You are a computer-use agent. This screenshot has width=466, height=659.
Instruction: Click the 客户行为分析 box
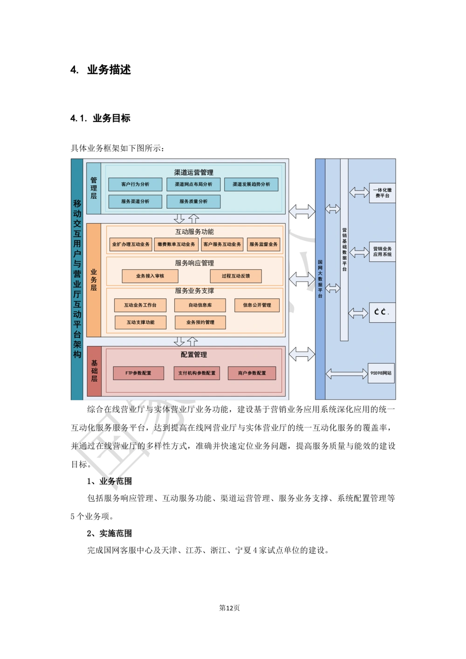click(135, 184)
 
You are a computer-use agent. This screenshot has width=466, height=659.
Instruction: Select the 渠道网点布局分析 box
click(193, 184)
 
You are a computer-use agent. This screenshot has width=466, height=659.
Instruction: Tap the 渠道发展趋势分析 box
click(251, 184)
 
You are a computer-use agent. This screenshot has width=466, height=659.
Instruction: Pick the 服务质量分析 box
click(193, 202)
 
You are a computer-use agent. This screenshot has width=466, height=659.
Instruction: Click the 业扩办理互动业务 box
click(131, 245)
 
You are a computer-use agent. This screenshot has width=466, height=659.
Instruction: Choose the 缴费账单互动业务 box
click(176, 245)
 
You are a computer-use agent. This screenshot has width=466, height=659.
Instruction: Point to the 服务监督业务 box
click(263, 245)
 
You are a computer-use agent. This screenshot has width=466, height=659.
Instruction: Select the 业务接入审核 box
click(150, 276)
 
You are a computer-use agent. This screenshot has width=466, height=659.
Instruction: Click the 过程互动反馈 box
click(236, 276)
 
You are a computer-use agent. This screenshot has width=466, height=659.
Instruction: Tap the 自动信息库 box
click(200, 306)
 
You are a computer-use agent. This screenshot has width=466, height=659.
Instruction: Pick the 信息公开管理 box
click(257, 306)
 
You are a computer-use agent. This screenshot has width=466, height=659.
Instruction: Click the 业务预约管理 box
click(200, 322)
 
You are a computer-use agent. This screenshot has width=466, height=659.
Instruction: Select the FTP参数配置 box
click(138, 373)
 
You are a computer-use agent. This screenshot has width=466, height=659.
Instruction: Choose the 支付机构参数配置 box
click(197, 373)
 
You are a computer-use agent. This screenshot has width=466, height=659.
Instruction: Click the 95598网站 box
click(381, 373)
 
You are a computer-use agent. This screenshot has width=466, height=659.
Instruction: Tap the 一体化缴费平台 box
click(382, 193)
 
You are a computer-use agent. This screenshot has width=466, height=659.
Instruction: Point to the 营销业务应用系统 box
click(382, 251)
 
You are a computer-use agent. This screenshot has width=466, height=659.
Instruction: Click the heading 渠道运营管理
click(194, 172)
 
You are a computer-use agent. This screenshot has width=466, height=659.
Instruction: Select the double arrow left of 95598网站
click(347, 374)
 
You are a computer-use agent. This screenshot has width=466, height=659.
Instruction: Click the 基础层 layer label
click(94, 371)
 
